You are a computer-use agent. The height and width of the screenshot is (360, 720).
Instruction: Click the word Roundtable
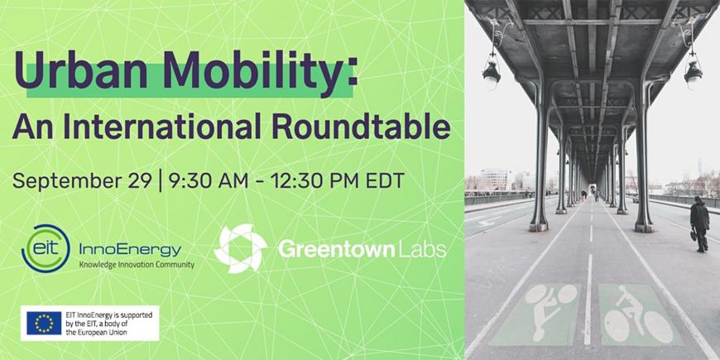pos(361,126)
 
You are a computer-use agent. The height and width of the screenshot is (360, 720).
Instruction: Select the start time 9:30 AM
pos(209,180)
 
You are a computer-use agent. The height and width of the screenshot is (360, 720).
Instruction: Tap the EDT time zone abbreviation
pos(385,180)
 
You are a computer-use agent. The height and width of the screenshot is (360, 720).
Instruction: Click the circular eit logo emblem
pos(46,248)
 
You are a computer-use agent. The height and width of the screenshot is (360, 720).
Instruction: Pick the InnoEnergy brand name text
pos(131,250)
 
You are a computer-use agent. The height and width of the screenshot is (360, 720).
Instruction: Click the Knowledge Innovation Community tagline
pos(137,265)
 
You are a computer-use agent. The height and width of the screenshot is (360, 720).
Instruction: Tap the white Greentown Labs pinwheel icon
pos(240,248)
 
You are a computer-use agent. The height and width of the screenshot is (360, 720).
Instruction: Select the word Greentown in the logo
pos(336,250)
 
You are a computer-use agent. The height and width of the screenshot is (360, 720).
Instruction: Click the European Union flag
pos(44,324)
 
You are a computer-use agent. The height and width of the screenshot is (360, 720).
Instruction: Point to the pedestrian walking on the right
pos(699,224)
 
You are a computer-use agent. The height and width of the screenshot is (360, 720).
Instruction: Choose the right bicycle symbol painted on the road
pos(637,314)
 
